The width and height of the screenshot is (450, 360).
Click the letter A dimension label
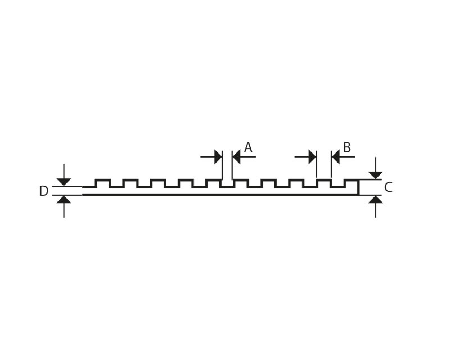[x=248, y=147]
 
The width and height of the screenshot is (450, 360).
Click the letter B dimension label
[x=347, y=147]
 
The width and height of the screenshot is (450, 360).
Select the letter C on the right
[x=388, y=187]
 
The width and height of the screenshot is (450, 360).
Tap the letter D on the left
[x=44, y=191]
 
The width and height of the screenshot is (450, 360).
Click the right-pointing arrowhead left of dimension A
[x=218, y=157]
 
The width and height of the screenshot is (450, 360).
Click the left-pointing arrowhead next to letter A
[x=236, y=157]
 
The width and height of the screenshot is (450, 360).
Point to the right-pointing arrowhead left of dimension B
[x=313, y=157]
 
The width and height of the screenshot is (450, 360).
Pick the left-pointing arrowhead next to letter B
[x=336, y=157]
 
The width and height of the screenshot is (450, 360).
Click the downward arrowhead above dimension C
[x=376, y=175]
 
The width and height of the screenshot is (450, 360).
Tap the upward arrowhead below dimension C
[x=376, y=199]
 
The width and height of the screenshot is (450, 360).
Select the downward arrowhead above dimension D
[x=64, y=182]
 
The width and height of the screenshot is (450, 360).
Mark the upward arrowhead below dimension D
[x=64, y=200]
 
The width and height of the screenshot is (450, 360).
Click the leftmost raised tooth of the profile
[x=102, y=183]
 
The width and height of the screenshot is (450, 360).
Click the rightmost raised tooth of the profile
[x=352, y=183]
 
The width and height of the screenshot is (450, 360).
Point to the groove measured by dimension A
[x=227, y=184]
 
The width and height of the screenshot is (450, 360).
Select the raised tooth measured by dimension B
[x=324, y=183]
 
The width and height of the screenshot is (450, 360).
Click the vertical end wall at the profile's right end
[x=358, y=187]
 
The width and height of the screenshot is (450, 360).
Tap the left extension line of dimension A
[x=222, y=165]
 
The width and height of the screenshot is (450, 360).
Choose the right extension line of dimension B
[x=331, y=164]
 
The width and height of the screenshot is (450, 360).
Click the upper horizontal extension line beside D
[x=67, y=186]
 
